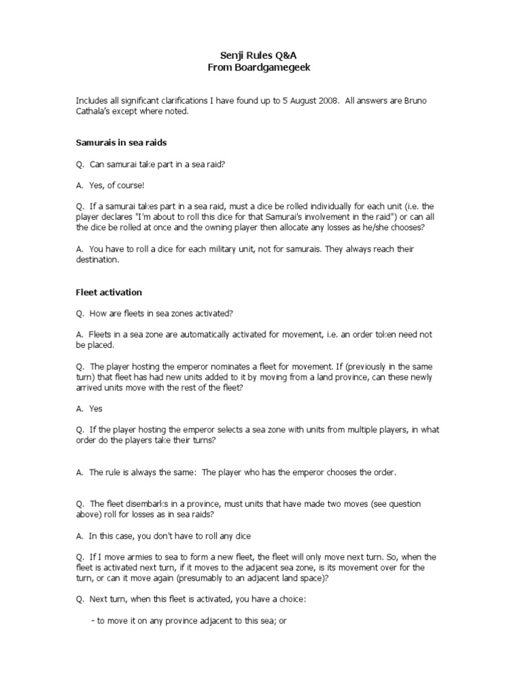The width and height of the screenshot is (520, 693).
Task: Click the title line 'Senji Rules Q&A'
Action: click(x=260, y=56)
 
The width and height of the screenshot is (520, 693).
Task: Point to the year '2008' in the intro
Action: click(x=324, y=101)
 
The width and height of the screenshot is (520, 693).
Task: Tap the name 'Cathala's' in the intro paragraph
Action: click(x=95, y=112)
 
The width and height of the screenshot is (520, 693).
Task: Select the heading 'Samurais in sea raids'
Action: click(x=121, y=143)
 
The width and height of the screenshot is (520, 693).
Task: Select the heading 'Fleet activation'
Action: click(x=109, y=292)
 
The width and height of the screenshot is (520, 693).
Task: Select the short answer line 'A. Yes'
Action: click(x=89, y=409)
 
